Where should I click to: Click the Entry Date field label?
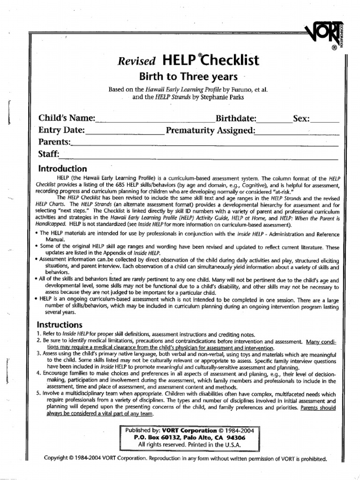point(61,130)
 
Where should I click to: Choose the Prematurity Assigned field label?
point(210,130)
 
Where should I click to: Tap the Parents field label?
point(54,142)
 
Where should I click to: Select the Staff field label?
point(49,154)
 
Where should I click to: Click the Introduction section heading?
point(62,169)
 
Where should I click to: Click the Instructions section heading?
point(60,325)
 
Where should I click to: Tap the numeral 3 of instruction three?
point(39,352)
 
